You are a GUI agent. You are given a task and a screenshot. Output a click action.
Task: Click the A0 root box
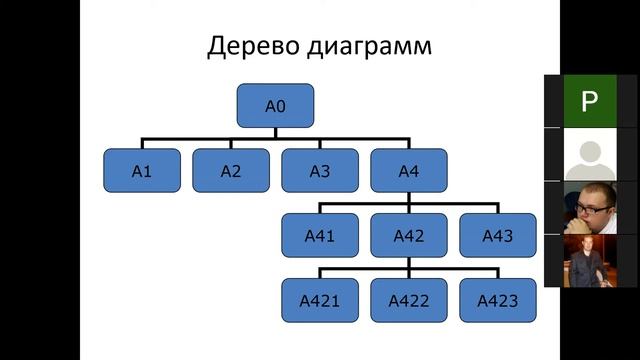pyautogui.click(x=275, y=104)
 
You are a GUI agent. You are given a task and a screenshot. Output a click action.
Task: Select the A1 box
pyautogui.click(x=141, y=170)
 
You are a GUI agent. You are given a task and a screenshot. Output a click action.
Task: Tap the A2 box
pyautogui.click(x=230, y=170)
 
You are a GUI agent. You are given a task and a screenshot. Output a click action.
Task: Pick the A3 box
pyautogui.click(x=319, y=170)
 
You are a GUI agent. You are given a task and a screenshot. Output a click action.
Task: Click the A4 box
pyautogui.click(x=408, y=170)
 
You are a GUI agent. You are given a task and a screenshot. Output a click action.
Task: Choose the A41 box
pyautogui.click(x=319, y=236)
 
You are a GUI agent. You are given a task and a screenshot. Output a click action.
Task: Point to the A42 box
pyautogui.click(x=408, y=236)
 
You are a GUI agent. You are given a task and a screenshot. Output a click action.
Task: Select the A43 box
pyautogui.click(x=497, y=236)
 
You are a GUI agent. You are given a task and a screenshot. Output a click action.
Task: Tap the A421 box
pyautogui.click(x=319, y=300)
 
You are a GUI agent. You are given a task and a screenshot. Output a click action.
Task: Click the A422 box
pyautogui.click(x=408, y=300)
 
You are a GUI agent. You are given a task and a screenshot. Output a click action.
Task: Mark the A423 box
pyautogui.click(x=497, y=300)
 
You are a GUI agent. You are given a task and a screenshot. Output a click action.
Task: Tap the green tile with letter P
pyautogui.click(x=589, y=101)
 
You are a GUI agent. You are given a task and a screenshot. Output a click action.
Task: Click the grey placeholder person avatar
pyautogui.click(x=589, y=155)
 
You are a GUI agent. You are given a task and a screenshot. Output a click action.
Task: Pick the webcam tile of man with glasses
pyautogui.click(x=589, y=207)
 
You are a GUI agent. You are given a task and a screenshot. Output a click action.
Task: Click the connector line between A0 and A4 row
pyautogui.click(x=275, y=137)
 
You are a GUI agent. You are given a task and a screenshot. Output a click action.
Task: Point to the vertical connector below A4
pyautogui.click(x=408, y=197)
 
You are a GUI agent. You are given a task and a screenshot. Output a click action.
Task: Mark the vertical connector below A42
pyautogui.click(x=408, y=262)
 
